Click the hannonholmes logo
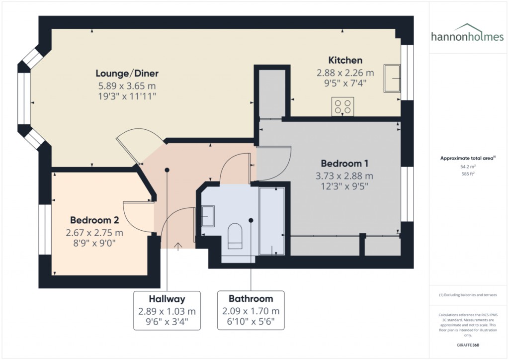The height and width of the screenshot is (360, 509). point(467,33)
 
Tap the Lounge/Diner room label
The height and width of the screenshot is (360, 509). point(127,74)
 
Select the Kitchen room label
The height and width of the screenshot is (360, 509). point(345,60)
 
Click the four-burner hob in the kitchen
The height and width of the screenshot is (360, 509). point(343,106)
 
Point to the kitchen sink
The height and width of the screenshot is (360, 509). point(392,78)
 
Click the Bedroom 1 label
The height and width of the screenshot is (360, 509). point(344,163)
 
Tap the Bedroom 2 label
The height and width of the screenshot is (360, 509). point(94,220)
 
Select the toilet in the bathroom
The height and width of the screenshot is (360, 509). point(235,236)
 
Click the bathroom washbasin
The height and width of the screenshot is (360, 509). point(208,216)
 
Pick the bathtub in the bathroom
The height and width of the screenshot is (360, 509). point(272,221)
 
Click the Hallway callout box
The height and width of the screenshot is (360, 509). point(167,311)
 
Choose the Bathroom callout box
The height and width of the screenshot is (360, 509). point(251,310)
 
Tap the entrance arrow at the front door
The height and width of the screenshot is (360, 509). point(177,247)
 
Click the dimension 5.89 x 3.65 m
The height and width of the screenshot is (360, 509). point(127,86)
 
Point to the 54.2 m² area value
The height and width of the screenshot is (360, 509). point(468,167)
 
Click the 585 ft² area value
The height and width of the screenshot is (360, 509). point(468,174)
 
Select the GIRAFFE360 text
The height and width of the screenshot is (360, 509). point(468,345)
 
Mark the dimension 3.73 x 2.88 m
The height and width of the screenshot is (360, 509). point(344,176)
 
